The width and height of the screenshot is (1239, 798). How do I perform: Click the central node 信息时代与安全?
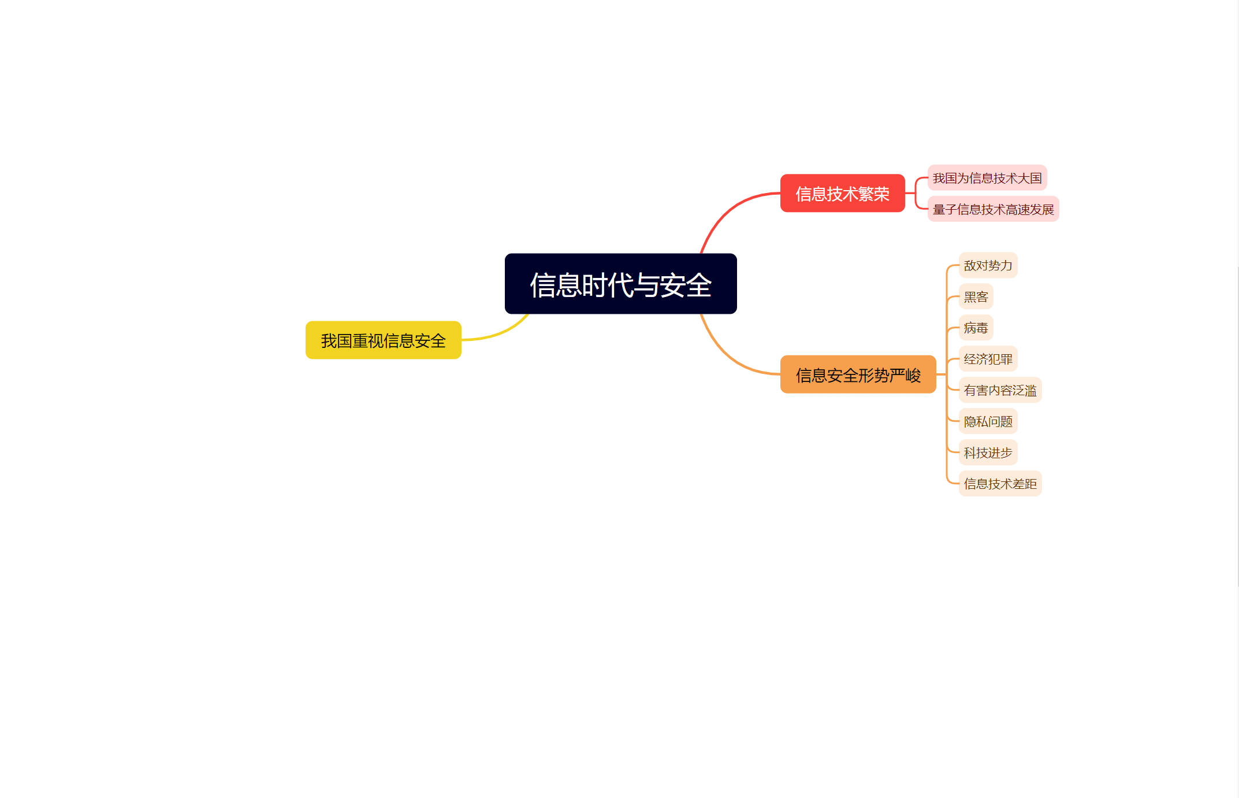click(x=620, y=284)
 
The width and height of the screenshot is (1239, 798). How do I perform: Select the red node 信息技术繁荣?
click(x=842, y=194)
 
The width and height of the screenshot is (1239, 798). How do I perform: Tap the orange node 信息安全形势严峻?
click(x=858, y=375)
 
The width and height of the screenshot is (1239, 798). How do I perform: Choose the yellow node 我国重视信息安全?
click(x=383, y=340)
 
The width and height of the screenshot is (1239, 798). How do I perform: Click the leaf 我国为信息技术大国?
click(x=987, y=178)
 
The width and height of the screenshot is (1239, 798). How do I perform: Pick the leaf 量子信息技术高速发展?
click(x=993, y=209)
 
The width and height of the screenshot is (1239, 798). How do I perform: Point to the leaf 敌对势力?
click(x=988, y=265)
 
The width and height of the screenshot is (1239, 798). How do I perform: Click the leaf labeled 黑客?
click(x=976, y=296)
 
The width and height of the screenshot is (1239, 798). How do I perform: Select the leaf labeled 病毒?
click(x=976, y=328)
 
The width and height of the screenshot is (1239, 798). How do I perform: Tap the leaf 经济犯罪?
click(x=988, y=359)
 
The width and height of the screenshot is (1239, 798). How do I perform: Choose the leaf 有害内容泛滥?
click(x=1000, y=390)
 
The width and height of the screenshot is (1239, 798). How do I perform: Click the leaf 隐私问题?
click(x=988, y=421)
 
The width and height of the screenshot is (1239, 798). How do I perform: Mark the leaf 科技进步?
click(x=988, y=452)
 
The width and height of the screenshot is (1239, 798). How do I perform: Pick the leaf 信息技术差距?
click(x=1000, y=484)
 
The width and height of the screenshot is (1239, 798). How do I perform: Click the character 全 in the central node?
click(x=699, y=285)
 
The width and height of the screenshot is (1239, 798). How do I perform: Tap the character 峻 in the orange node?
click(x=913, y=376)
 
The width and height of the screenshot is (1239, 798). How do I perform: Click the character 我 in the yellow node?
click(x=329, y=341)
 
